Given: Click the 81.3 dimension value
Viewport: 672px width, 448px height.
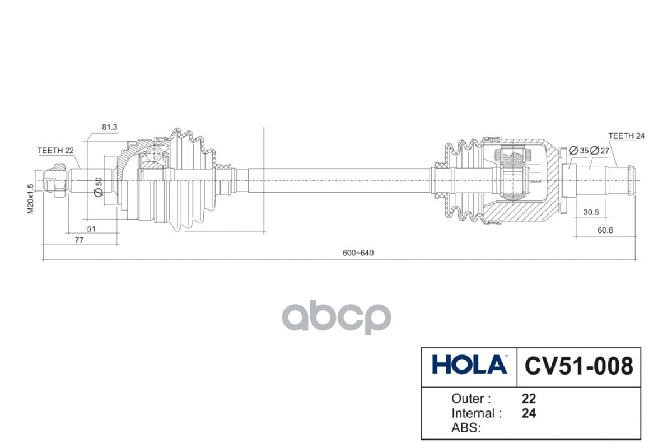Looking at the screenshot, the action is tap(109, 128).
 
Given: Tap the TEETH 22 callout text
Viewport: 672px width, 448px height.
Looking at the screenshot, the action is tap(55, 151).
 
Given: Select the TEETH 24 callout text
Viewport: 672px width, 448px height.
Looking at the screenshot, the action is tap(627, 136).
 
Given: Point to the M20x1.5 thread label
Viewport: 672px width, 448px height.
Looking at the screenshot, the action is tap(32, 198).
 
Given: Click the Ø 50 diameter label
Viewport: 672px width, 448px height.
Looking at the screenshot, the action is tap(98, 186).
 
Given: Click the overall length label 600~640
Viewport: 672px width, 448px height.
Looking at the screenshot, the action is tap(358, 253).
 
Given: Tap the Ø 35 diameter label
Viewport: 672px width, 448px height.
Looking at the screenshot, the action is tap(578, 151).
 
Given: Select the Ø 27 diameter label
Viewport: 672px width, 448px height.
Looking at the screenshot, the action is tap(600, 151).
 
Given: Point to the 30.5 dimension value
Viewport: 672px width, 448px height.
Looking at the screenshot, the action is tap(591, 212).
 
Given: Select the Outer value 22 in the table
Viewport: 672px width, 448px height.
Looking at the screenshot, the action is tap(529, 399).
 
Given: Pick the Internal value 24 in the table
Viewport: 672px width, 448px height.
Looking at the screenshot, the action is tap(529, 414).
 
